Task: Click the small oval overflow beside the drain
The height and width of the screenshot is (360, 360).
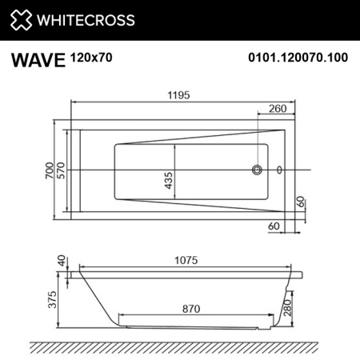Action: [279, 170]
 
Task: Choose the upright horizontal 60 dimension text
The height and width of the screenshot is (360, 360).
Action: [274, 227]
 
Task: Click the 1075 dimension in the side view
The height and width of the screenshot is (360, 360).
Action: [186, 262]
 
